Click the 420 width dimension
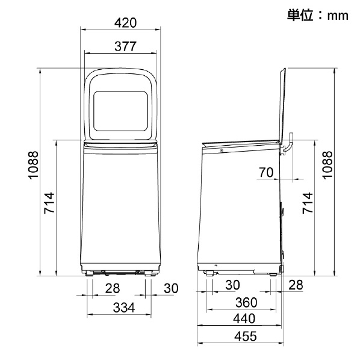(x=125, y=23)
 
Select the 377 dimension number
(x=125, y=46)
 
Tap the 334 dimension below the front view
(x=124, y=308)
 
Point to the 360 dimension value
(x=246, y=302)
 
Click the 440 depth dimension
(x=244, y=318)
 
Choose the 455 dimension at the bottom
(x=246, y=337)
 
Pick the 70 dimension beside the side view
(x=266, y=172)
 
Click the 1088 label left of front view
(x=33, y=164)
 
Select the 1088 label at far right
(x=327, y=164)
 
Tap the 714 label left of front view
(x=49, y=203)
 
